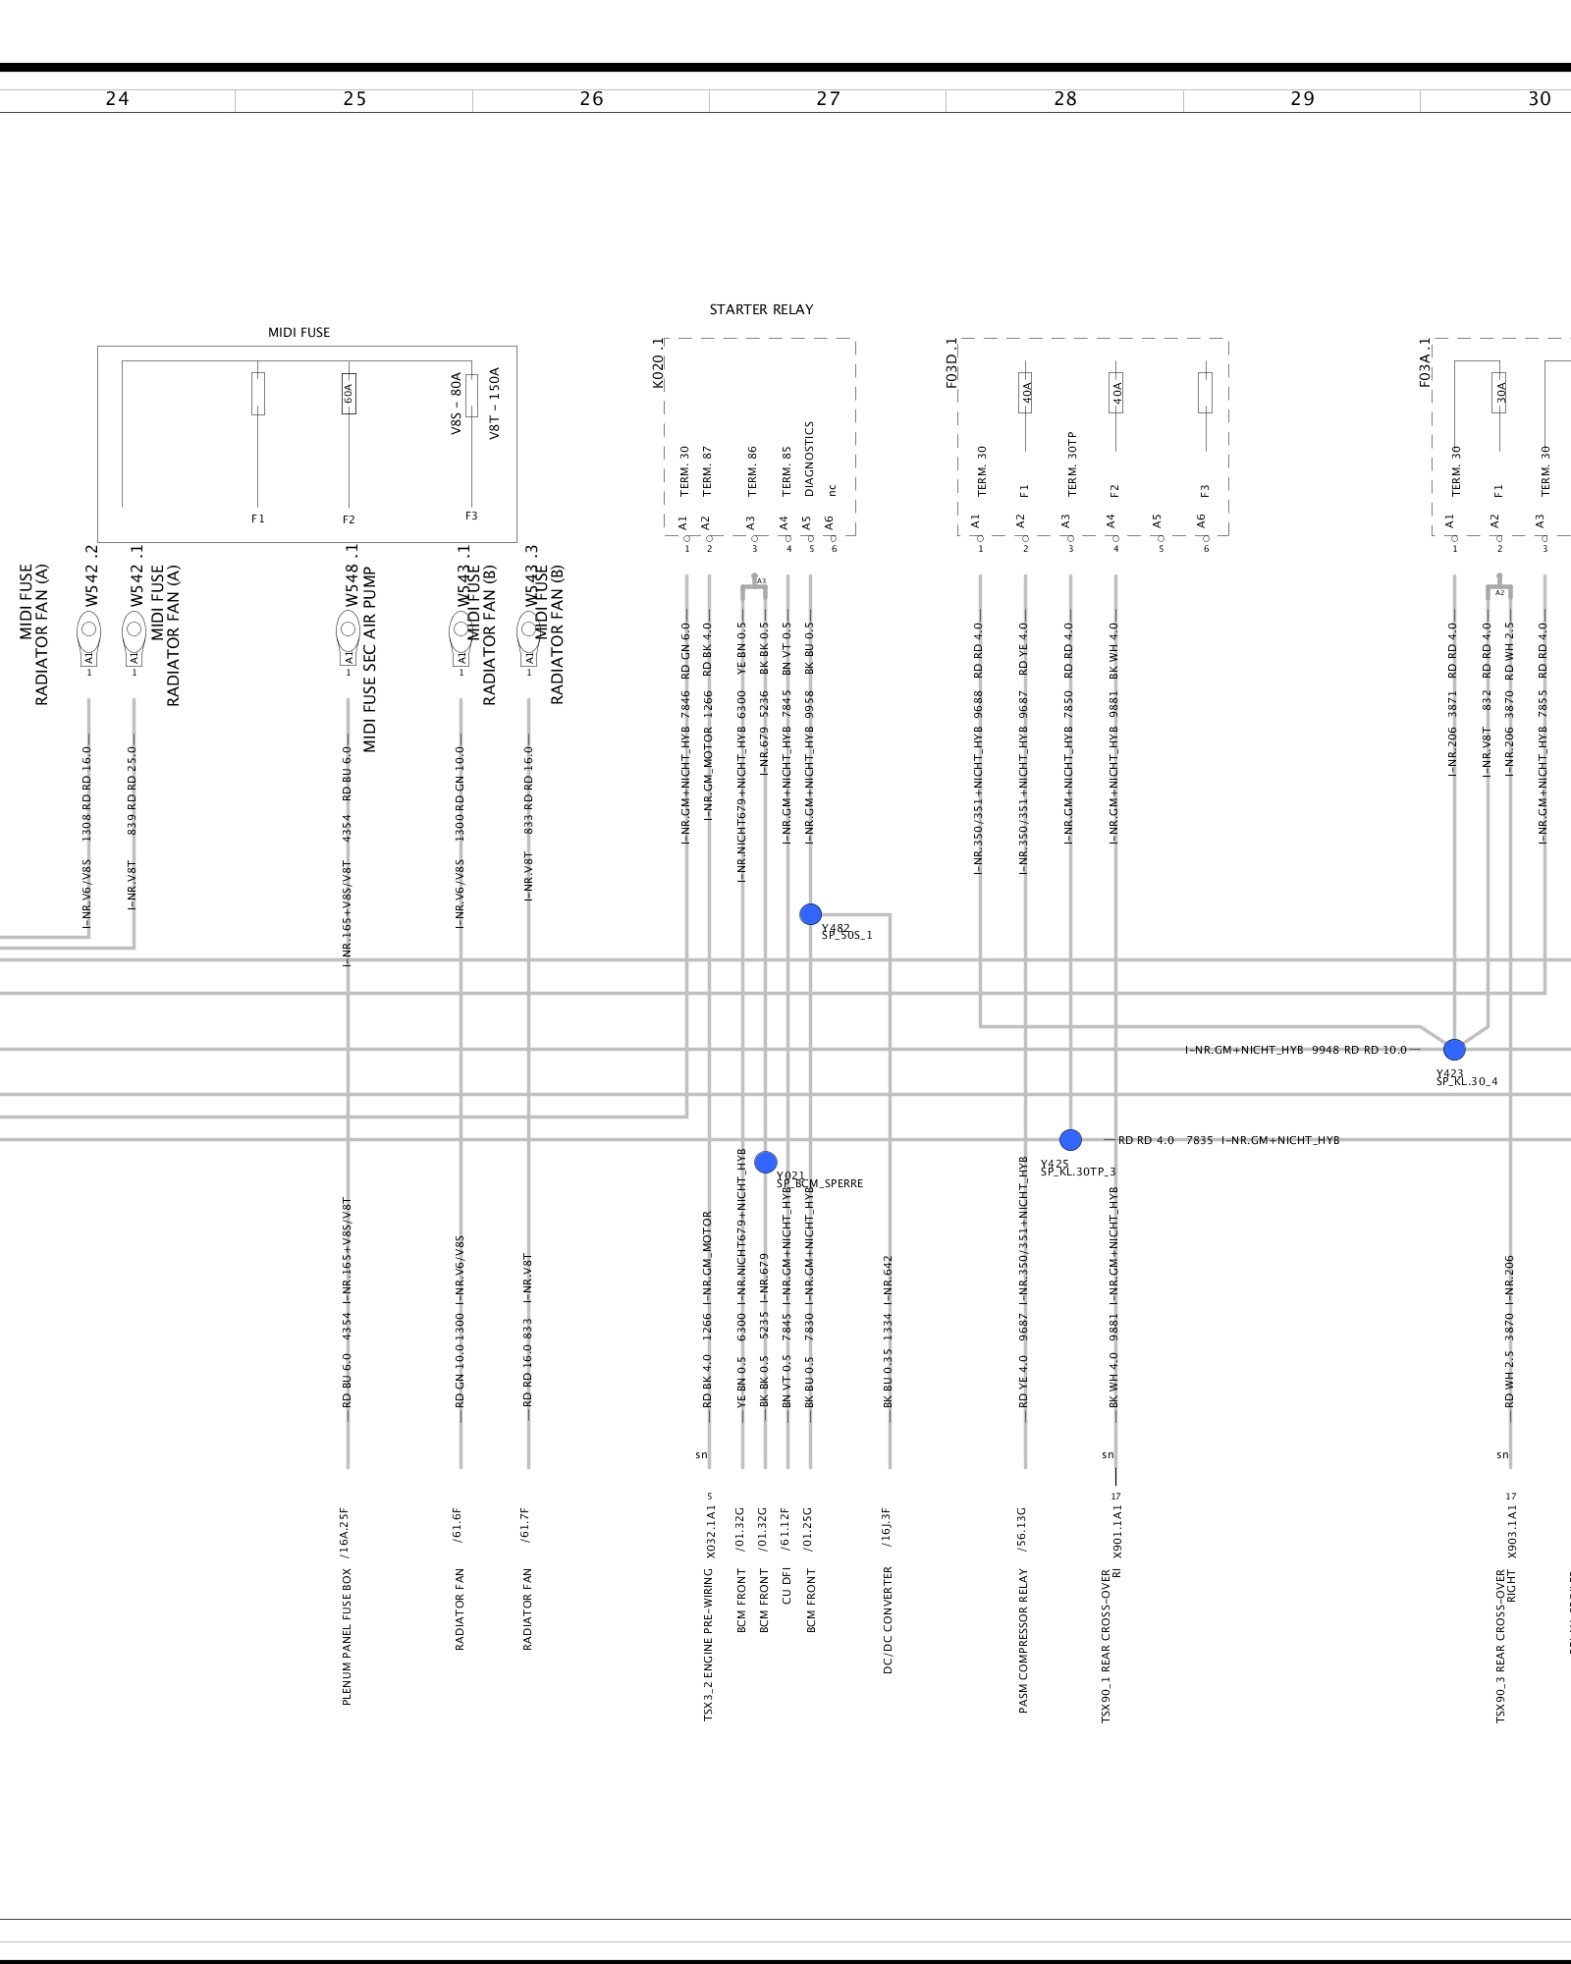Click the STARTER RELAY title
pyautogui.click(x=761, y=309)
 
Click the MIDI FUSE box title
pyautogui.click(x=298, y=333)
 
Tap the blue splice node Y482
pyautogui.click(x=810, y=914)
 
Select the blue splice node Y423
pyautogui.click(x=1454, y=1049)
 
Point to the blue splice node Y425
pyautogui.click(x=1070, y=1139)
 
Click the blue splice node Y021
pyautogui.click(x=766, y=1162)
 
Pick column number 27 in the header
pyautogui.click(x=828, y=99)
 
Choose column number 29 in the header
pyautogui.click(x=1302, y=99)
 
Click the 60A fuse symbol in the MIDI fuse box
pyautogui.click(x=349, y=393)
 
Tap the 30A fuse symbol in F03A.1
pyautogui.click(x=1499, y=393)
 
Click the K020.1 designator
pyautogui.click(x=658, y=363)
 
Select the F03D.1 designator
pyautogui.click(x=951, y=363)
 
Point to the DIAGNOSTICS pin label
pyautogui.click(x=809, y=459)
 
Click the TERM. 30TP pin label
pyautogui.click(x=1071, y=464)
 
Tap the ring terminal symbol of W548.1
pyautogui.click(x=348, y=628)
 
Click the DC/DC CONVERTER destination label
pyautogui.click(x=888, y=1619)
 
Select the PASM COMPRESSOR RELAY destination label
pyautogui.click(x=1023, y=1641)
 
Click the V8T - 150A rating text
pyautogui.click(x=494, y=403)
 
